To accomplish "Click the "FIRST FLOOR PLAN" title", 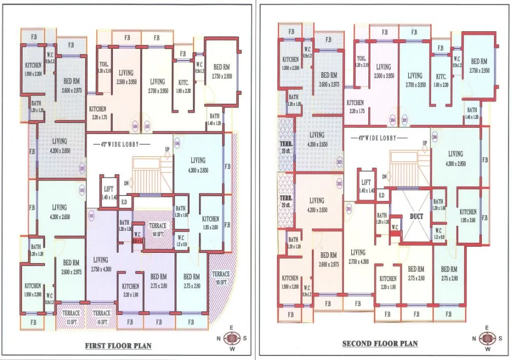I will [118, 346].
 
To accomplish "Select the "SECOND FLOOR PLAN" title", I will [380, 343].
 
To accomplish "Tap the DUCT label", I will [417, 216].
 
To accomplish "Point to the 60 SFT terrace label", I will [157, 229].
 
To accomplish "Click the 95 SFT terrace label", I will [221, 277].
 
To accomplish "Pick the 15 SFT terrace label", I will [71, 316].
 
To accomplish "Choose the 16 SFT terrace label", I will [102, 316].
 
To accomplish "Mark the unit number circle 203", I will [339, 162].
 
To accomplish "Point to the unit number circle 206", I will [435, 137].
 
